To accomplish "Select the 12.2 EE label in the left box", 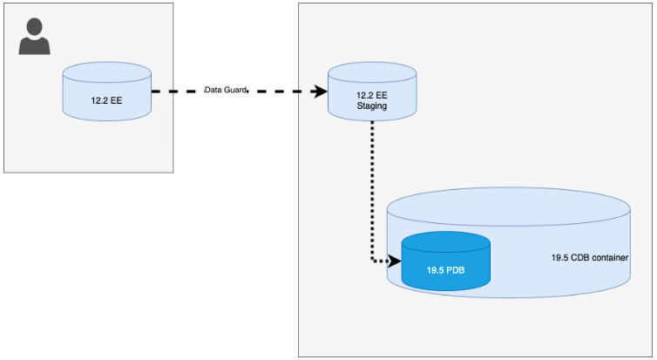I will point(106,101).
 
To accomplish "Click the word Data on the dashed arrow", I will point(214,90).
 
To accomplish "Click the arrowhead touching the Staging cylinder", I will point(321,90).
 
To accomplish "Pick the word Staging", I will point(371,106).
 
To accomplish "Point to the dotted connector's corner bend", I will point(373,260).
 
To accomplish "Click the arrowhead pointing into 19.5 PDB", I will point(396,261).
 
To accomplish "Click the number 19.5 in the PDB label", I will point(436,270).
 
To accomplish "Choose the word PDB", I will point(456,270).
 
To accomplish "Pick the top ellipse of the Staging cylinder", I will point(371,76).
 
